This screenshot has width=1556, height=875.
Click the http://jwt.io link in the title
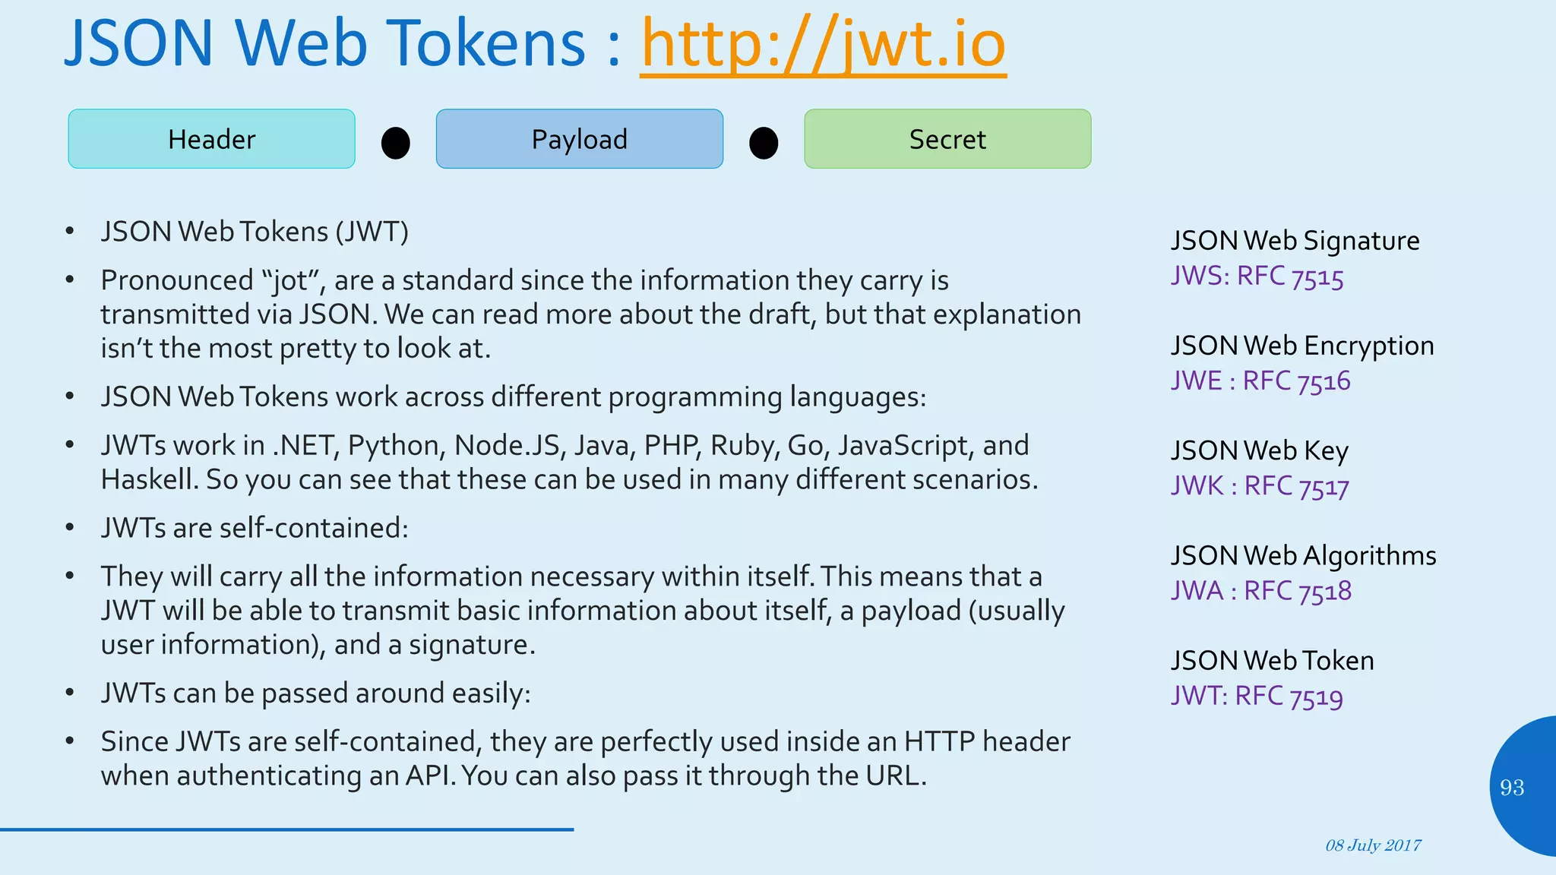pyautogui.click(x=823, y=44)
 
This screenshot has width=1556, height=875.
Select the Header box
pyautogui.click(x=211, y=139)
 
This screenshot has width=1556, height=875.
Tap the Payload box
pyautogui.click(x=579, y=139)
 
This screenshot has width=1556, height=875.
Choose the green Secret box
pyautogui.click(x=947, y=139)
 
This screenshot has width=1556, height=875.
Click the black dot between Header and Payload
pyautogui.click(x=395, y=143)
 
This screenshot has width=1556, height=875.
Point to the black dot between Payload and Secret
pyautogui.click(x=763, y=143)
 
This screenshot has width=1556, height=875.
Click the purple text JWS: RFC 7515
pyautogui.click(x=1257, y=276)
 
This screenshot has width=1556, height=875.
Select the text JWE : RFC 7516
pyautogui.click(x=1260, y=381)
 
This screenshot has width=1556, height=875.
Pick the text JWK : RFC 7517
pyautogui.click(x=1260, y=486)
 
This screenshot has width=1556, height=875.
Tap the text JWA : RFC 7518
pyautogui.click(x=1260, y=591)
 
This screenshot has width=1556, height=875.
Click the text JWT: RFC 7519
pyautogui.click(x=1257, y=696)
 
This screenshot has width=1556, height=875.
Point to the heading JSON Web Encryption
pyautogui.click(x=1301, y=346)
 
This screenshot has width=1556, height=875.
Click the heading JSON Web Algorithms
pyautogui.click(x=1302, y=556)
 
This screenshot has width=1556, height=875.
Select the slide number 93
pyautogui.click(x=1511, y=788)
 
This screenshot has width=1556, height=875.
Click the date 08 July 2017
pyautogui.click(x=1373, y=845)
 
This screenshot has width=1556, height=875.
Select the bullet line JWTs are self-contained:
pyautogui.click(x=255, y=528)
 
